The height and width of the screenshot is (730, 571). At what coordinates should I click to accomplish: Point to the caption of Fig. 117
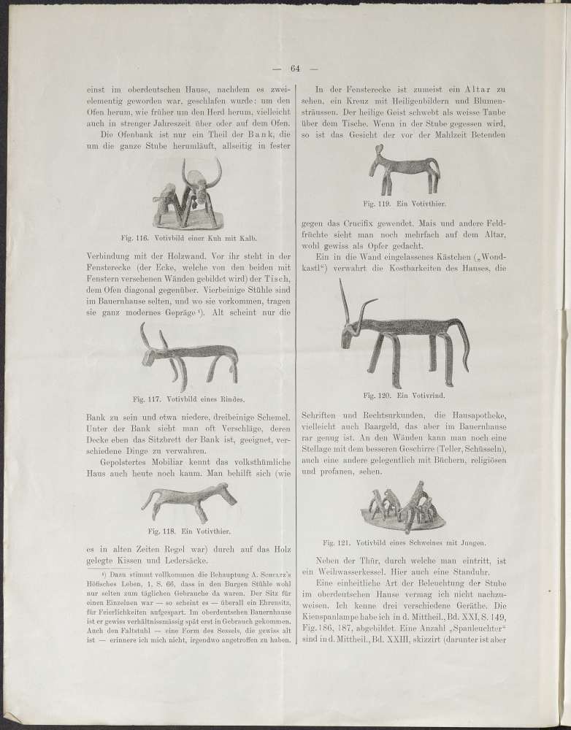[189, 399]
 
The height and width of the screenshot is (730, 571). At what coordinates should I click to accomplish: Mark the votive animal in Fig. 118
[189, 502]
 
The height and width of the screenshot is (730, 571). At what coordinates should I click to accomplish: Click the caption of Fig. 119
[404, 205]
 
